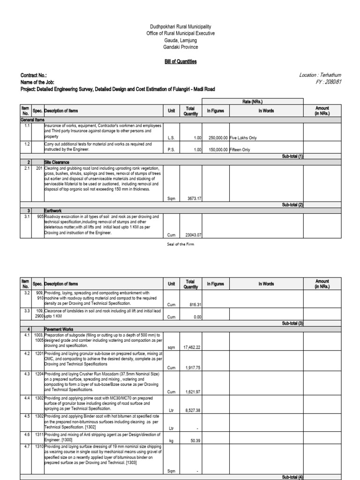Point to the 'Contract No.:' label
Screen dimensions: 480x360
[34, 75]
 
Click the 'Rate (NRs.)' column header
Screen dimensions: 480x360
[253, 101]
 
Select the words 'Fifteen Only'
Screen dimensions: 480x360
[240, 150]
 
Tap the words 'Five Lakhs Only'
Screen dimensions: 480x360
[243, 138]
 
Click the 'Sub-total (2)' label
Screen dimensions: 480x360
[292, 205]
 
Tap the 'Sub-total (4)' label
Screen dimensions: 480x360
[292, 477]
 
